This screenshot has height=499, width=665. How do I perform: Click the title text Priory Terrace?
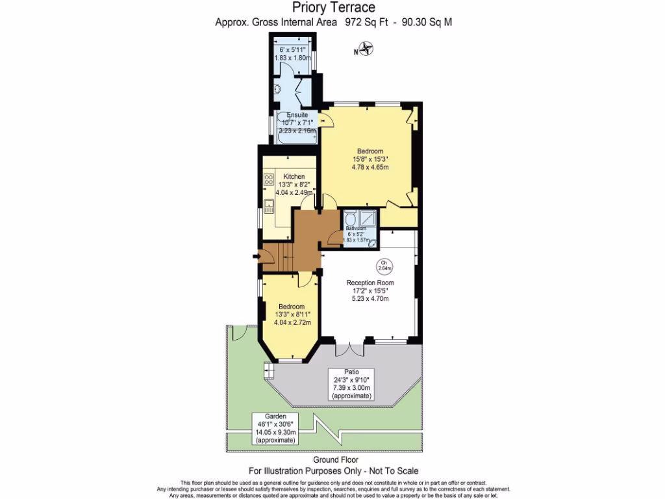tap(334, 8)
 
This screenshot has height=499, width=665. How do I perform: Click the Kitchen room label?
tap(294, 177)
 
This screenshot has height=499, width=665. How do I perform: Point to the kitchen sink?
tap(268, 209)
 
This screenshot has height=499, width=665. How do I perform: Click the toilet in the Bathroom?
tap(351, 218)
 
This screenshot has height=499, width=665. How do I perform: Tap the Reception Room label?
tap(370, 283)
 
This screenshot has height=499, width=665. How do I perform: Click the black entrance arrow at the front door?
tap(260, 258)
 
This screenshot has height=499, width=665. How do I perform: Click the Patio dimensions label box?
tap(351, 384)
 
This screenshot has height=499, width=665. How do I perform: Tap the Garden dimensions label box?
tap(275, 428)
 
